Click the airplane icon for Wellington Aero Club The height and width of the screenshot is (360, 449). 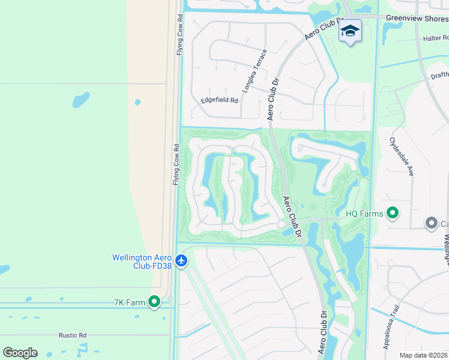(x=182, y=261)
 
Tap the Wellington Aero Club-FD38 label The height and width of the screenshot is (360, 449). (x=143, y=262)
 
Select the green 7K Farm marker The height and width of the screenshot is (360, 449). (x=154, y=302)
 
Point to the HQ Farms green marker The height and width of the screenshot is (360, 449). (x=393, y=213)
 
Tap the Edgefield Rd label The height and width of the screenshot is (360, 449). (x=219, y=100)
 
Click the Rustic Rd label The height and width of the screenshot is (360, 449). (x=73, y=335)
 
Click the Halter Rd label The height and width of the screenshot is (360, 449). (x=435, y=38)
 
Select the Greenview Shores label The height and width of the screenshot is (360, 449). (x=417, y=18)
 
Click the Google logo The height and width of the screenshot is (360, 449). (x=20, y=353)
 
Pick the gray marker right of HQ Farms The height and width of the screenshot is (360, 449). (x=431, y=223)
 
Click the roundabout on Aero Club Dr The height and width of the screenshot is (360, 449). (x=282, y=224)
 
